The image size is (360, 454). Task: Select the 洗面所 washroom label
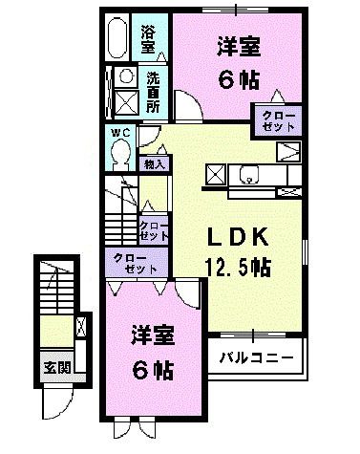[154, 89]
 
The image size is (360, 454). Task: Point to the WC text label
[118, 133]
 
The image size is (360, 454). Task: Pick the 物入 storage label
[155, 164]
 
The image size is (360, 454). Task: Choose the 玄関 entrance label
[54, 366]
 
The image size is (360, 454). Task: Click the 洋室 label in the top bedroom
[239, 45]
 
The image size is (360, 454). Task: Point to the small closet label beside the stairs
[155, 230]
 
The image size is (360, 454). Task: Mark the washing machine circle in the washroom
[125, 78]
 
